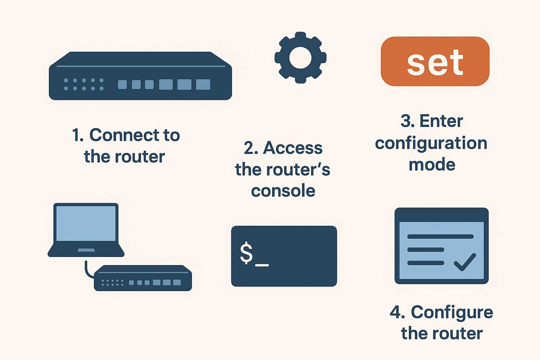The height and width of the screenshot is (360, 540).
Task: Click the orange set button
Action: pyautogui.click(x=435, y=62)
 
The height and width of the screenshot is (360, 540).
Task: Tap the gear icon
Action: pyautogui.click(x=300, y=58)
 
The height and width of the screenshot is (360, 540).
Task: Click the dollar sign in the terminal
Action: pyautogui.click(x=246, y=253)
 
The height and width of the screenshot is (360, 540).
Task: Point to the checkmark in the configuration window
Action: pyautogui.click(x=465, y=262)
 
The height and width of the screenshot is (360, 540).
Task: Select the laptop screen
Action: pyautogui.click(x=86, y=224)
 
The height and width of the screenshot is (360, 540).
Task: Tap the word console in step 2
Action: pyautogui.click(x=283, y=191)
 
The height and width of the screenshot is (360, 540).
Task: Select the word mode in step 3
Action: pyautogui.click(x=432, y=165)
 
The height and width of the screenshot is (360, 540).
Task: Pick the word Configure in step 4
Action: pyautogui.click(x=452, y=313)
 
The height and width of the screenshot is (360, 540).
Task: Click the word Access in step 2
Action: pyautogui.click(x=292, y=148)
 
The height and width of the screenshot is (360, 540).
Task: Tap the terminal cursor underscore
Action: pyautogui.click(x=262, y=265)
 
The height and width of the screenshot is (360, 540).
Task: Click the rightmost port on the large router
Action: pyautogui.click(x=203, y=84)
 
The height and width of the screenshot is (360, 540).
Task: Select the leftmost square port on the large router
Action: pyautogui.click(x=122, y=84)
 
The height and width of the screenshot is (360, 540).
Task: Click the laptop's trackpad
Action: pyautogui.click(x=86, y=250)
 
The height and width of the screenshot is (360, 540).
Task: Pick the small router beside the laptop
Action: pyautogui.click(x=143, y=278)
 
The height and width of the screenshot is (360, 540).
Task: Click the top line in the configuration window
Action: pyautogui.click(x=440, y=237)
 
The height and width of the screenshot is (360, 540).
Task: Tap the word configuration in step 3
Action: pyautogui.click(x=431, y=143)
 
